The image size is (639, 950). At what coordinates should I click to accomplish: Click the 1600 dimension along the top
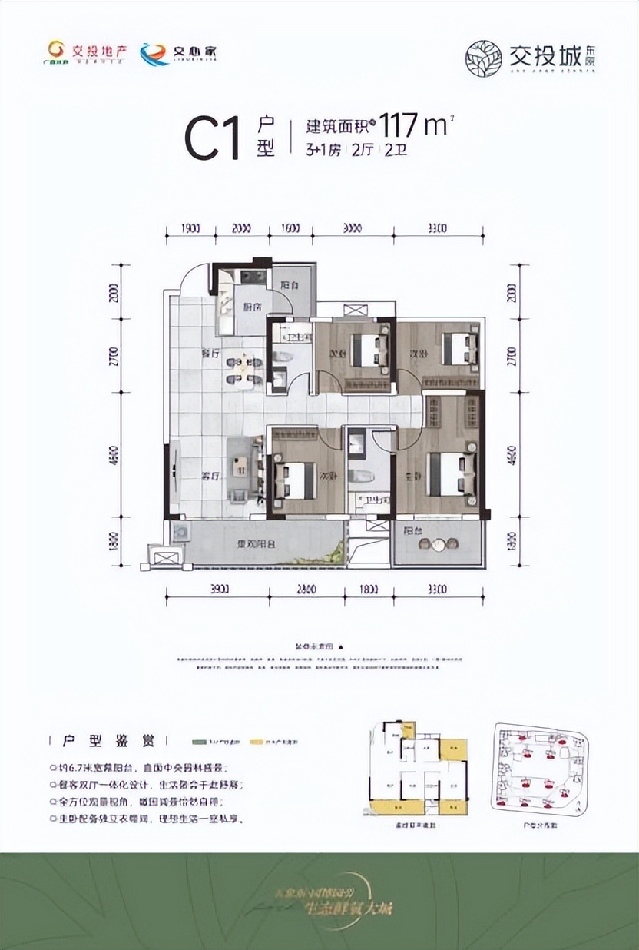pos(290,228)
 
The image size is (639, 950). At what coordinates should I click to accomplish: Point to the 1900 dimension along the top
pos(190,228)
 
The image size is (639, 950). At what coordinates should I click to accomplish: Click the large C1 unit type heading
pos(213,138)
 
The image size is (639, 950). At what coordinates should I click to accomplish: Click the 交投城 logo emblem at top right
pos(485,57)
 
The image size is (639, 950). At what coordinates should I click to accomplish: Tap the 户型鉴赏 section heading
pos(107,742)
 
